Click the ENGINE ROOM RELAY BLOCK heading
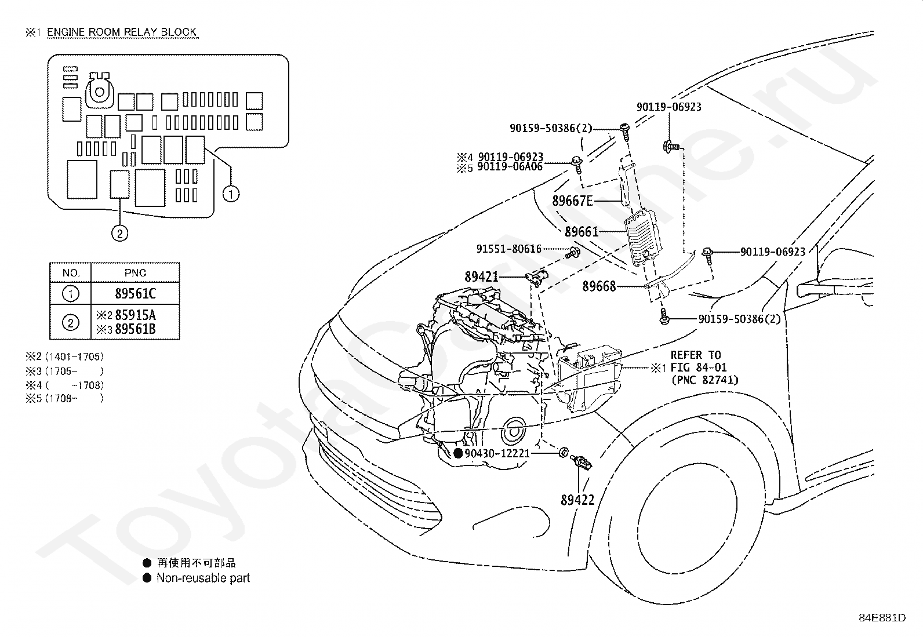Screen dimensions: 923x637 (122, 32)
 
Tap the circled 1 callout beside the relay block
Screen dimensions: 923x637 (231, 194)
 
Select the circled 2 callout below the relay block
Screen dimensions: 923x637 (119, 234)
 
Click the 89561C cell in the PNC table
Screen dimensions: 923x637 (135, 293)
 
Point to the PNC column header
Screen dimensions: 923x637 (135, 273)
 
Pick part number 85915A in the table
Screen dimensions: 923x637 (135, 315)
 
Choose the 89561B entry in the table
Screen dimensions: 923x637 (135, 329)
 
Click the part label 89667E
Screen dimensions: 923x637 (572, 201)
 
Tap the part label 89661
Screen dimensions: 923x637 (582, 232)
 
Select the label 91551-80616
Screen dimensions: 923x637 (509, 249)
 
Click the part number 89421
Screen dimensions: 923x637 (481, 277)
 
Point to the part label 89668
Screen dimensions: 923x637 (599, 286)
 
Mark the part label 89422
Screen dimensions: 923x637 (577, 500)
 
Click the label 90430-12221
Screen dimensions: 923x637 (497, 453)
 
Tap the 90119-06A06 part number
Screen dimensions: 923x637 (510, 167)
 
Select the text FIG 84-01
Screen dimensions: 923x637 (698, 367)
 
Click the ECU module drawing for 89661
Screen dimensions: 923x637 (643, 237)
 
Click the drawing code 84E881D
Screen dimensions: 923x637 (882, 618)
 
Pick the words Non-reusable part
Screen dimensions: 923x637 (203, 578)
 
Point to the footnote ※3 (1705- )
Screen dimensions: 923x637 (65, 371)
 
